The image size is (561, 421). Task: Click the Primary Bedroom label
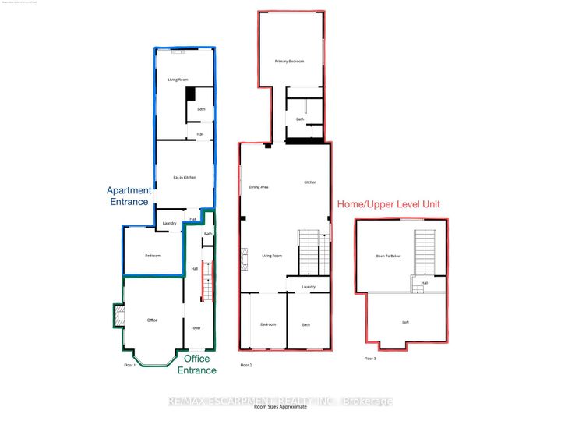(288, 61)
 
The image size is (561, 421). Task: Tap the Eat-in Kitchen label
(184, 178)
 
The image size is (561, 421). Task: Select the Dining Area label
(259, 187)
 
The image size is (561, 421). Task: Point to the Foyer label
(196, 328)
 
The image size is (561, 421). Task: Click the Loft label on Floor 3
(405, 322)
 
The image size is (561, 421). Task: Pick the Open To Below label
(386, 255)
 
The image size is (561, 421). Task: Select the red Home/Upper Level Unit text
(388, 204)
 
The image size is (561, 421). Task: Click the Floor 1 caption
(129, 364)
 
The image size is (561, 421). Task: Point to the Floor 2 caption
(246, 365)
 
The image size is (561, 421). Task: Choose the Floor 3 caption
(370, 359)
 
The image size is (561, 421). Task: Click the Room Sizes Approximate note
(280, 407)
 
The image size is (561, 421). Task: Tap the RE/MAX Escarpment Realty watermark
(280, 401)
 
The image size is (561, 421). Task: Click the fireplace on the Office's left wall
(119, 315)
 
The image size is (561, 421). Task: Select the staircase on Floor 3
(425, 253)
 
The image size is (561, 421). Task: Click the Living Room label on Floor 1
(178, 80)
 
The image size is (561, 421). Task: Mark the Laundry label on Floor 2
(308, 287)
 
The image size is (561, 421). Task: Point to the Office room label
(152, 319)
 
